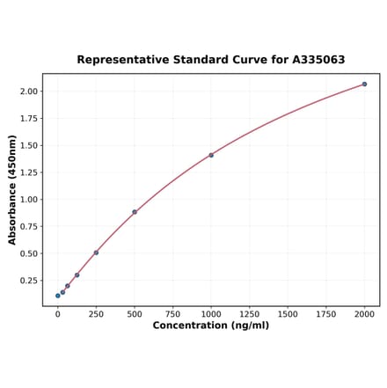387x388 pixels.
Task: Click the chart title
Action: [x=210, y=60]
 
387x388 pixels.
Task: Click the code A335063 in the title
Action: [x=314, y=60]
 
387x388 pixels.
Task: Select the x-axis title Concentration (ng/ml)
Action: [x=210, y=326]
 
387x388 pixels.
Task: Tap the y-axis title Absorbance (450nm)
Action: [x=12, y=190]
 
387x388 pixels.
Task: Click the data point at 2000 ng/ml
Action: [x=364, y=84]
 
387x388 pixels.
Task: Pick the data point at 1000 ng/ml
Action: [x=211, y=155]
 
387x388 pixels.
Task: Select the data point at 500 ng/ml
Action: [x=135, y=212]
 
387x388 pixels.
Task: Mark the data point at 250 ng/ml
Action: [x=96, y=253]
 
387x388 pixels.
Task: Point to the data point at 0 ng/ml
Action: [x=58, y=296]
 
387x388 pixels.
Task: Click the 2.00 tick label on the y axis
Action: [x=28, y=92]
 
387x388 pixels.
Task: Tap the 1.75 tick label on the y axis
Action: [x=28, y=118]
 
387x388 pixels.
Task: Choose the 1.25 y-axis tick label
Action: [x=28, y=172]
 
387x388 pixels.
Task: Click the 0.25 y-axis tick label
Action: [x=28, y=281]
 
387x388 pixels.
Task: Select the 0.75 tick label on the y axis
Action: [x=28, y=226]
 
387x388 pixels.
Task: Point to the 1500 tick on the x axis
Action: [x=288, y=313]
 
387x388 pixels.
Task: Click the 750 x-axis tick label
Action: [x=172, y=313]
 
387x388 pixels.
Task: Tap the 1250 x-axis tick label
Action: [x=249, y=313]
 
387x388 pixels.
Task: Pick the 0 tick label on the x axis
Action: [x=58, y=313]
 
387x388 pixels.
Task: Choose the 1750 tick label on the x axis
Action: [x=326, y=313]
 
